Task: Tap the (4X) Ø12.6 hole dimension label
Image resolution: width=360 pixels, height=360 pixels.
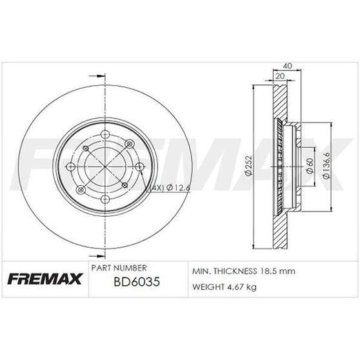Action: pyautogui.click(x=168, y=188)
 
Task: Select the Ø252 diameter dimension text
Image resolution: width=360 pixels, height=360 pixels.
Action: pyautogui.click(x=247, y=166)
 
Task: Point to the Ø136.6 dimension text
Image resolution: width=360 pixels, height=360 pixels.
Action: pyautogui.click(x=330, y=166)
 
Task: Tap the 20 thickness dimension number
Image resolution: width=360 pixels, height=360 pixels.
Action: pyautogui.click(x=280, y=75)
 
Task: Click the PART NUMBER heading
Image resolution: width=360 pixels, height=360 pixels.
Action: pyautogui.click(x=120, y=267)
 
